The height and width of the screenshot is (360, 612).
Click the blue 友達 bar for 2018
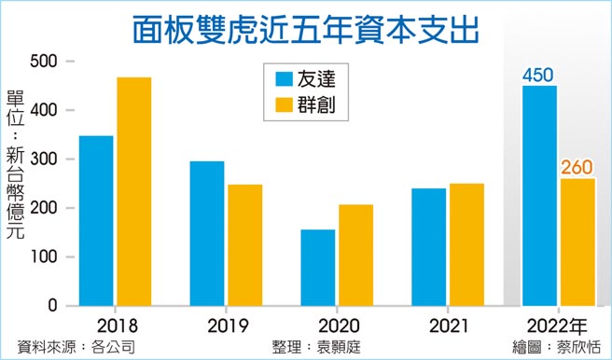pyautogui.click(x=96, y=221)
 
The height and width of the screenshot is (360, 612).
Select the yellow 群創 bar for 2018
pyautogui.click(x=133, y=191)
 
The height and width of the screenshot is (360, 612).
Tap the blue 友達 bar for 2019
pyautogui.click(x=207, y=233)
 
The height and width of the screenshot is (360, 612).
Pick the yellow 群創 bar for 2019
pyautogui.click(x=244, y=245)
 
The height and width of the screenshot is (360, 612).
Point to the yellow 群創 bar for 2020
pyautogui.click(x=355, y=255)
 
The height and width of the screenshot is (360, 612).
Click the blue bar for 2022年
pyautogui.click(x=540, y=196)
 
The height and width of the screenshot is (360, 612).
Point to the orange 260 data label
pyautogui.click(x=577, y=168)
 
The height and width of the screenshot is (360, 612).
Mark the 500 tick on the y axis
pyautogui.click(x=43, y=62)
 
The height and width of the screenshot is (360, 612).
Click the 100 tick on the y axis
pyautogui.click(x=43, y=257)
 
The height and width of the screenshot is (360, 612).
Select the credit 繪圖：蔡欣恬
pyautogui.click(x=557, y=347)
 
